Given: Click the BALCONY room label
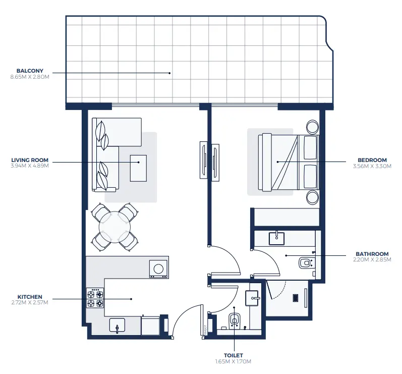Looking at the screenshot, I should coord(30,71).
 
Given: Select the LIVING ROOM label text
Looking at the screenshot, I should coord(30,160).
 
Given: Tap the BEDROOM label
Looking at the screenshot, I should coord(372,160).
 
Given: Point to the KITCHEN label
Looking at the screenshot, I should coord(30,297).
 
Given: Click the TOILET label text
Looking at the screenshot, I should coord(233,355).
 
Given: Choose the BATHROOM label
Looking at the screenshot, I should coord(372,254).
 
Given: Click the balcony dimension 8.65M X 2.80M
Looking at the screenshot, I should coord(30,77).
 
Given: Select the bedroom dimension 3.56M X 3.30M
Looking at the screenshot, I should coord(372,166).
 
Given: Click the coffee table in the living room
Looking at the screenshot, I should coord(138,168).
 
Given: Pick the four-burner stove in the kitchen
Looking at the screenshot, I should coord(95,298).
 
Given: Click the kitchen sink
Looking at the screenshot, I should coord(117,326).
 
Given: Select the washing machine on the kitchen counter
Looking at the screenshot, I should coord(158,268).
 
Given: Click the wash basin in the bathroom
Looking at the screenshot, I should coord(277,237).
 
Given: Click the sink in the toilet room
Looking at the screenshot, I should coord(252,298).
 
